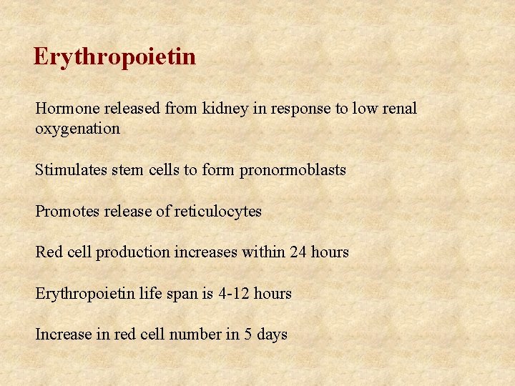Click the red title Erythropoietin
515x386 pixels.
click(114, 57)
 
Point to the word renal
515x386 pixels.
click(400, 109)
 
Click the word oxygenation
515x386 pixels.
click(77, 129)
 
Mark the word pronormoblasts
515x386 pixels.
click(293, 170)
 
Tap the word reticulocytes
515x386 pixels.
click(218, 212)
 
